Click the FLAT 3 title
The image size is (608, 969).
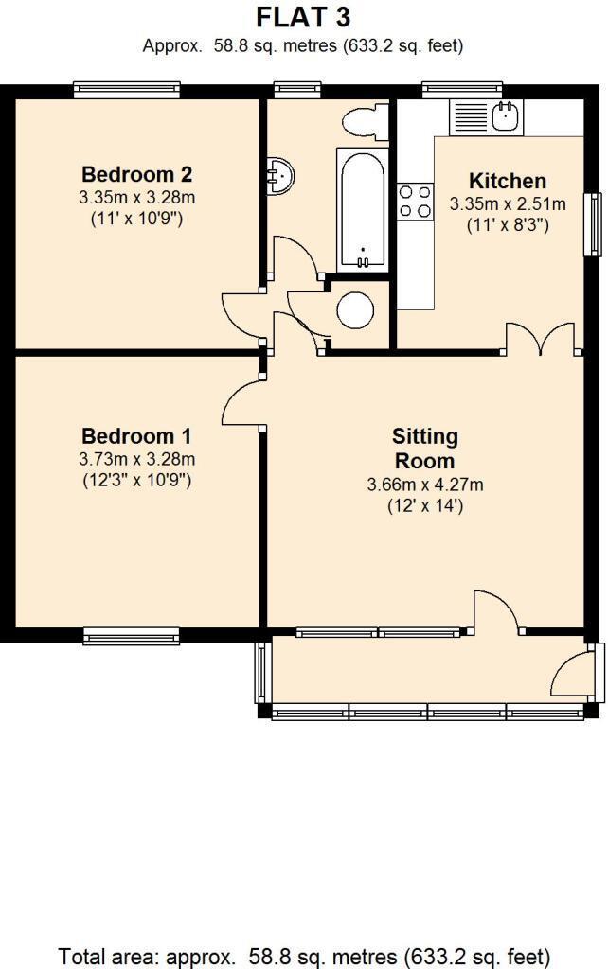point(303,17)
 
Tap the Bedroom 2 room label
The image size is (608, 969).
point(137,174)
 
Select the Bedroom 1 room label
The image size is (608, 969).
point(136,436)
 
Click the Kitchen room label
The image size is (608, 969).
point(508,181)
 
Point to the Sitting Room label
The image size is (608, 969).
point(425,449)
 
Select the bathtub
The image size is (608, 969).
point(361,207)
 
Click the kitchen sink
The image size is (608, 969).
point(505,116)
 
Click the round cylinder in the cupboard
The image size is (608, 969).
point(356,310)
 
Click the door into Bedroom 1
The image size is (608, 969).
point(242,400)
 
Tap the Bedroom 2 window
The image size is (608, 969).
point(127,90)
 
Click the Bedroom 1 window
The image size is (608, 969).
point(131,635)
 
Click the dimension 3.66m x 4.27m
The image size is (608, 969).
point(425,485)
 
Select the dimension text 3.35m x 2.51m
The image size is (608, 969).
point(508,203)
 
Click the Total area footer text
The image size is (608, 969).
point(304,956)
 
